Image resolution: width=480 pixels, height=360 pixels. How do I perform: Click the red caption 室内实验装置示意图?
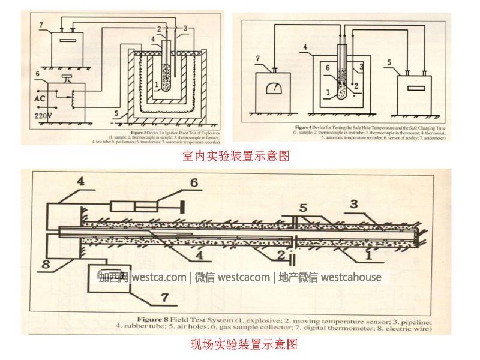pos(236,157)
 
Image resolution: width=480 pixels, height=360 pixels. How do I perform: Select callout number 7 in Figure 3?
pos(41,25)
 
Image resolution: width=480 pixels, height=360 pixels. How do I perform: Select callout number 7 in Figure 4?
pos(259,58)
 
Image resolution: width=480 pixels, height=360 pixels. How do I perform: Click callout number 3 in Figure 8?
pos(353,205)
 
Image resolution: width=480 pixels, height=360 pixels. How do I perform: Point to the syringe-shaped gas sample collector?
pos(147,207)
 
